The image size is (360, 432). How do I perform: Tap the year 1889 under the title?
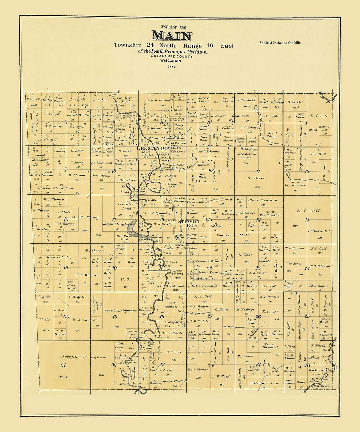(172, 66)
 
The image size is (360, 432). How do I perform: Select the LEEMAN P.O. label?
(152, 149)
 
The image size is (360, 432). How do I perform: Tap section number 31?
(63, 365)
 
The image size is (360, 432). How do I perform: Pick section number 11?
(258, 171)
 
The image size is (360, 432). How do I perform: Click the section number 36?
(307, 365)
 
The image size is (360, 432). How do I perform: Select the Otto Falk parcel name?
(246, 100)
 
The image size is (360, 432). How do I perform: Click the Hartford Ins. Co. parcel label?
(263, 383)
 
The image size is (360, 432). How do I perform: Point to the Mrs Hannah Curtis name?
(247, 155)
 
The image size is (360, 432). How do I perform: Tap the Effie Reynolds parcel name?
(204, 286)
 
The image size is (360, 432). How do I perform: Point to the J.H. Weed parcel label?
(221, 376)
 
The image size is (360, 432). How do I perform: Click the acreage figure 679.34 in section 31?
(63, 377)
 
